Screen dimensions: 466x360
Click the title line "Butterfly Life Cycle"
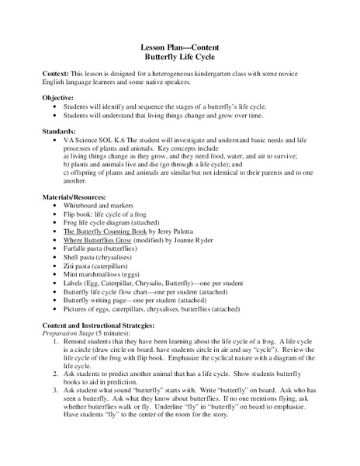[179, 57]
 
